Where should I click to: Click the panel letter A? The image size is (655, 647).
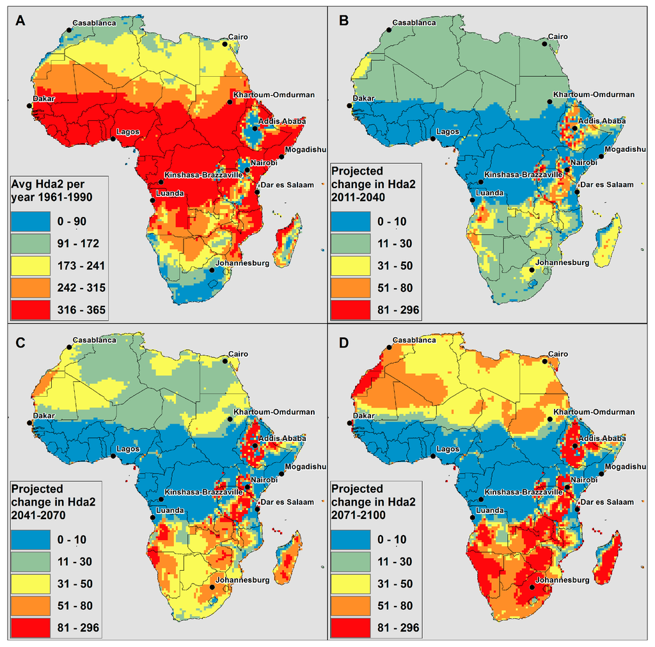coord(20,20)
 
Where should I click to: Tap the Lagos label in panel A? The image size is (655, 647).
coord(127,132)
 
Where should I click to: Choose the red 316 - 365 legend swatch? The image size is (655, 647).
coord(29,310)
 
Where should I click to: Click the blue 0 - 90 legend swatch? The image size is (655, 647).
coord(29,221)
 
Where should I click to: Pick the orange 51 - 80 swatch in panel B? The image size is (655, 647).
coord(349,288)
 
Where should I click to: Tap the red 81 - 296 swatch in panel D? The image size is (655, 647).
coord(349,628)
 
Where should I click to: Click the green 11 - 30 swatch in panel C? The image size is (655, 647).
coord(29,561)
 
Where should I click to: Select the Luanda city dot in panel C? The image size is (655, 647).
coord(152,518)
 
